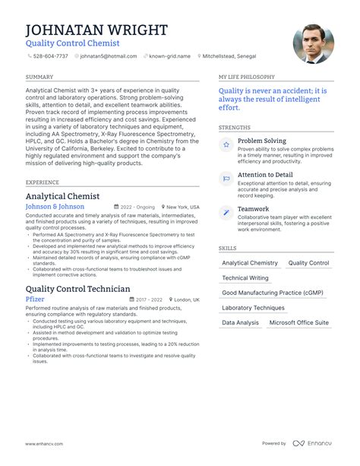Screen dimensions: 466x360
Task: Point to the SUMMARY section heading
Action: pyautogui.click(x=39, y=78)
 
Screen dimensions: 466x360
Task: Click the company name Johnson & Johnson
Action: pyautogui.click(x=55, y=207)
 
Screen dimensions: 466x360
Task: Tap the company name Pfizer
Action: pyautogui.click(x=35, y=300)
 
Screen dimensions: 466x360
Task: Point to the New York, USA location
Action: pyautogui.click(x=182, y=207)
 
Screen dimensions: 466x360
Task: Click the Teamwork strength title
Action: pyautogui.click(x=253, y=209)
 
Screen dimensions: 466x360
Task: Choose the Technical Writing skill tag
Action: pyautogui.click(x=245, y=278)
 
